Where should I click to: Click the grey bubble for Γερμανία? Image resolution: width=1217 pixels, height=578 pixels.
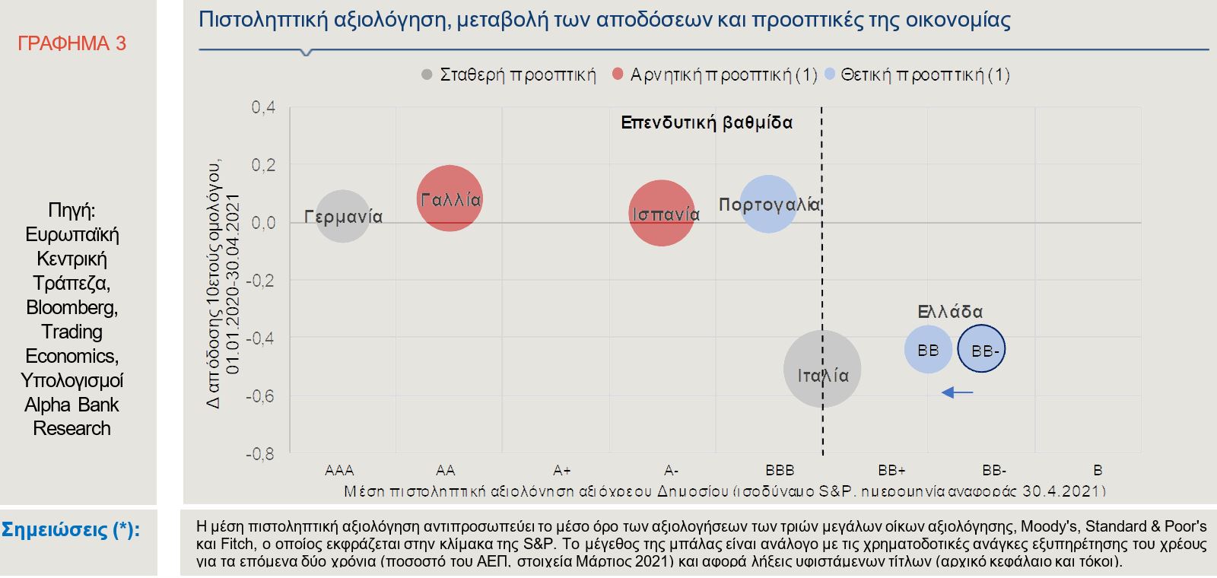pyautogui.click(x=343, y=217)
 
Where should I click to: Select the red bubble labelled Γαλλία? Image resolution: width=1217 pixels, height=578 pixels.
pyautogui.click(x=450, y=198)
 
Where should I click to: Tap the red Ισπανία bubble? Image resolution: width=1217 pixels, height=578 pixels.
pyautogui.click(x=662, y=214)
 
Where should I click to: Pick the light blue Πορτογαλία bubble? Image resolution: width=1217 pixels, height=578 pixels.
pyautogui.click(x=768, y=204)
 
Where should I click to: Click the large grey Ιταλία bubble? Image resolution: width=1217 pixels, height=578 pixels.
pyautogui.click(x=821, y=370)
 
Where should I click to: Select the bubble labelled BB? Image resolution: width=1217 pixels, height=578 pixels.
pyautogui.click(x=928, y=350)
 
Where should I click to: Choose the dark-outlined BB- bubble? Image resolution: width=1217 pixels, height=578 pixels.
pyautogui.click(x=981, y=350)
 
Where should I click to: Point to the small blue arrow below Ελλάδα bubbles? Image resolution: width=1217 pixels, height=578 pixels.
pyautogui.click(x=957, y=392)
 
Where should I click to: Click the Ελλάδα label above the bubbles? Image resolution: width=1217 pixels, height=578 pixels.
pyautogui.click(x=950, y=312)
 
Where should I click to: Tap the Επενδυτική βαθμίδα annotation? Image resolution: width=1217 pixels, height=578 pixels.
pyautogui.click(x=707, y=122)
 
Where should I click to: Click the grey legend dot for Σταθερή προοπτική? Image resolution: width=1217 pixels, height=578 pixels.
pyautogui.click(x=427, y=75)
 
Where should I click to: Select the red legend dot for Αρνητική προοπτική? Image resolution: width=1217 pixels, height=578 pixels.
pyautogui.click(x=618, y=75)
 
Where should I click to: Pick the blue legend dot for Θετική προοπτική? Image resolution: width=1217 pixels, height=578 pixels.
pyautogui.click(x=830, y=75)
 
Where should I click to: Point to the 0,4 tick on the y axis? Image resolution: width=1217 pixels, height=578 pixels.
pyautogui.click(x=263, y=107)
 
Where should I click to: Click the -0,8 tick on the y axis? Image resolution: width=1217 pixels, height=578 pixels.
pyautogui.click(x=260, y=454)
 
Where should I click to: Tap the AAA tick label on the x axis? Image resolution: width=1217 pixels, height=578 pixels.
pyautogui.click(x=339, y=470)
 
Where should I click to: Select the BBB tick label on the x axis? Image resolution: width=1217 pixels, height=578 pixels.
pyautogui.click(x=780, y=470)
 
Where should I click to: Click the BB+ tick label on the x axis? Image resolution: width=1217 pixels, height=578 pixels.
pyautogui.click(x=891, y=470)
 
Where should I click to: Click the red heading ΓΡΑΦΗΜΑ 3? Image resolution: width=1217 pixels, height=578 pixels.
pyautogui.click(x=71, y=43)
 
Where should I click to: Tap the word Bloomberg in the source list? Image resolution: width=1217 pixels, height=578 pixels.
pyautogui.click(x=71, y=307)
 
